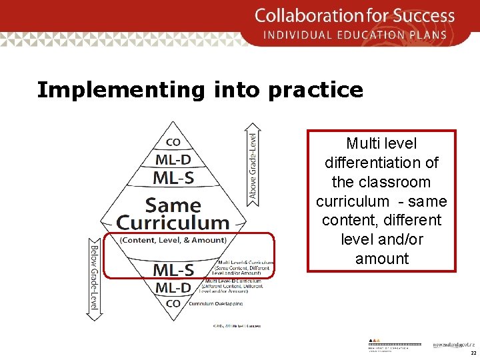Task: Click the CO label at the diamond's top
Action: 173,142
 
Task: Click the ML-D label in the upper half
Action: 173,159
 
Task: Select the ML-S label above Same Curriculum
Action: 174,177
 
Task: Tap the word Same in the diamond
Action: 173,205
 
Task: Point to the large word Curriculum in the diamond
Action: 173,223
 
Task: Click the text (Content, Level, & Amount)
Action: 173,240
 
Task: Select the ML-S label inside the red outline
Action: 173,269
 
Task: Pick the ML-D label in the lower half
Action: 173,288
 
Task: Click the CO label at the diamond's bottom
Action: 173,303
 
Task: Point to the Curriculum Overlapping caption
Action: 215,303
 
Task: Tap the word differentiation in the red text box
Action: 381,162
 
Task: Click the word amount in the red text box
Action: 381,258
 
